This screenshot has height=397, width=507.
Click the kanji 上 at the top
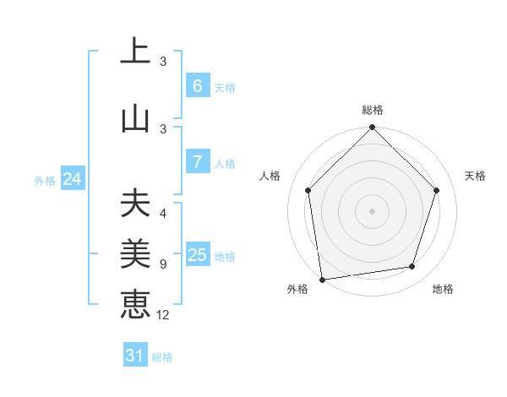point(134,52)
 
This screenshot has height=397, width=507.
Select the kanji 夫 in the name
point(134,204)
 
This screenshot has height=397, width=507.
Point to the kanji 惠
point(134,302)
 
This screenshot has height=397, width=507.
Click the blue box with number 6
point(197,86)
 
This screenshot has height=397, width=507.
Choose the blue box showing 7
point(197,162)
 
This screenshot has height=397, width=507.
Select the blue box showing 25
point(197,256)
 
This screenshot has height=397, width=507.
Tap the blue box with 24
point(72,179)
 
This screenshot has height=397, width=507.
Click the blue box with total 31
point(135,356)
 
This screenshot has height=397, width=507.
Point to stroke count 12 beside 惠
point(163,315)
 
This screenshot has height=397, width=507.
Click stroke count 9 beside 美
point(163,264)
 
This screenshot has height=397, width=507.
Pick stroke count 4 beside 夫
point(163,214)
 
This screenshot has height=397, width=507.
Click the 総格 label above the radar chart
point(373,110)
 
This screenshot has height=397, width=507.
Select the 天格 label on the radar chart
point(476,176)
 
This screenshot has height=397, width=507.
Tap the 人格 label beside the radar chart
point(270,176)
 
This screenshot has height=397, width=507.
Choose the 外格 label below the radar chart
point(297,289)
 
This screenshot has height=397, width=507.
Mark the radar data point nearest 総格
point(372,128)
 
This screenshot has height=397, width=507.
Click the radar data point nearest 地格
point(412,267)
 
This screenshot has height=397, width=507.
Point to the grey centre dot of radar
point(372,210)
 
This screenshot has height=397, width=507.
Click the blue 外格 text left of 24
point(45,180)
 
